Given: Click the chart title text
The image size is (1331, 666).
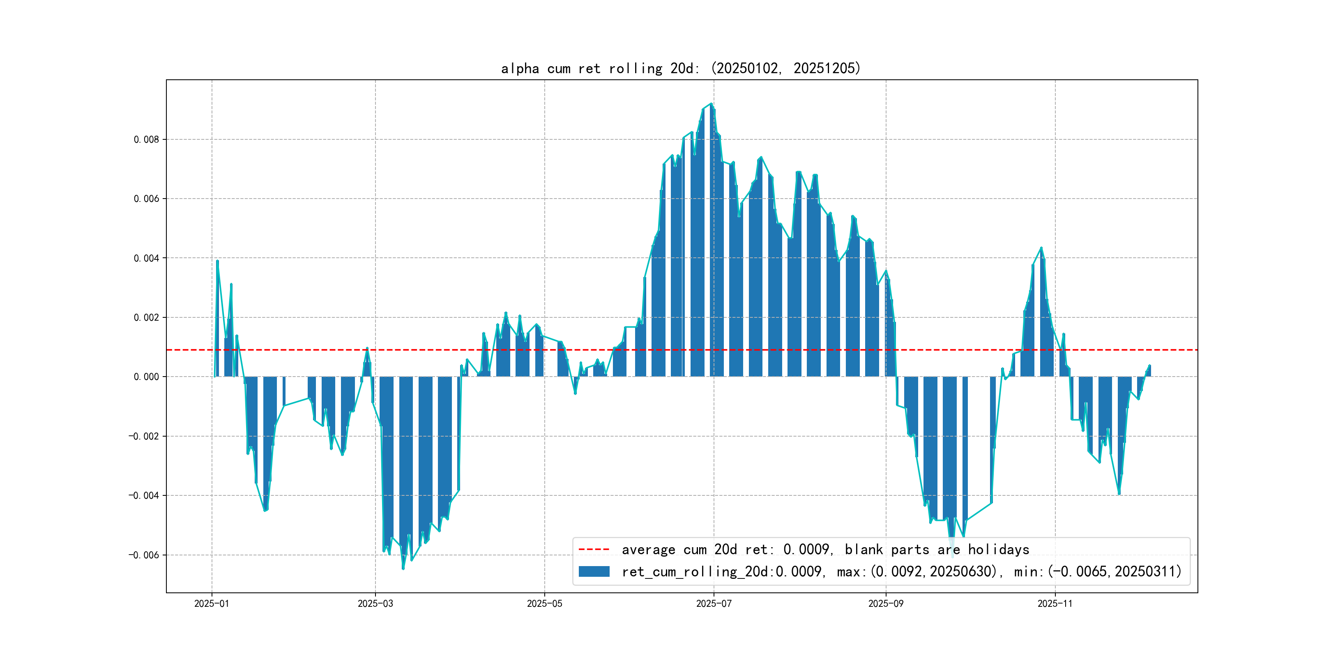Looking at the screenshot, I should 680,68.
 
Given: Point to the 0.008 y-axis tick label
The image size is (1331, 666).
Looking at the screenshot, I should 146,140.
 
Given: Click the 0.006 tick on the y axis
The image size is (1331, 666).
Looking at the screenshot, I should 146,199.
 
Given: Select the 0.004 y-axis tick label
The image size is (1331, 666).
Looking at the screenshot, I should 146,259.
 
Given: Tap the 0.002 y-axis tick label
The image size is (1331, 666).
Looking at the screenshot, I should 146,317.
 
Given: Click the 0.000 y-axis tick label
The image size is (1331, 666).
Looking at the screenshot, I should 146,377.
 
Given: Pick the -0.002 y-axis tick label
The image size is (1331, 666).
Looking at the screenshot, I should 144,437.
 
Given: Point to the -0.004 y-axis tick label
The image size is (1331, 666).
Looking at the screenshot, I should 144,496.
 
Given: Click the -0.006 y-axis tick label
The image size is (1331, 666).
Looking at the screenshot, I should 144,555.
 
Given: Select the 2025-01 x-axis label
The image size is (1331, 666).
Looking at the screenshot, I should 211,604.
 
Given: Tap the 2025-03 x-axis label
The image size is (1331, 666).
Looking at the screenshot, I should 375,604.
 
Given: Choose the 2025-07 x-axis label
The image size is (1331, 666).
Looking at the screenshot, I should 714,604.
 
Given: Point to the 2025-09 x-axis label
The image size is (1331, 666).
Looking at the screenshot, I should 886,604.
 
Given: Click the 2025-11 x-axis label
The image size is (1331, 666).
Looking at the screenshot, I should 1055,604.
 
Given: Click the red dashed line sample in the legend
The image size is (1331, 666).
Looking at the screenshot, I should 594,550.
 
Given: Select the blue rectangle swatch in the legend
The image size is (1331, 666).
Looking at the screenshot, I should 594,571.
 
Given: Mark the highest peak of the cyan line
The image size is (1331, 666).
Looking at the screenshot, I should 712,104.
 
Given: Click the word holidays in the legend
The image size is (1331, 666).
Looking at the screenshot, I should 998,550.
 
